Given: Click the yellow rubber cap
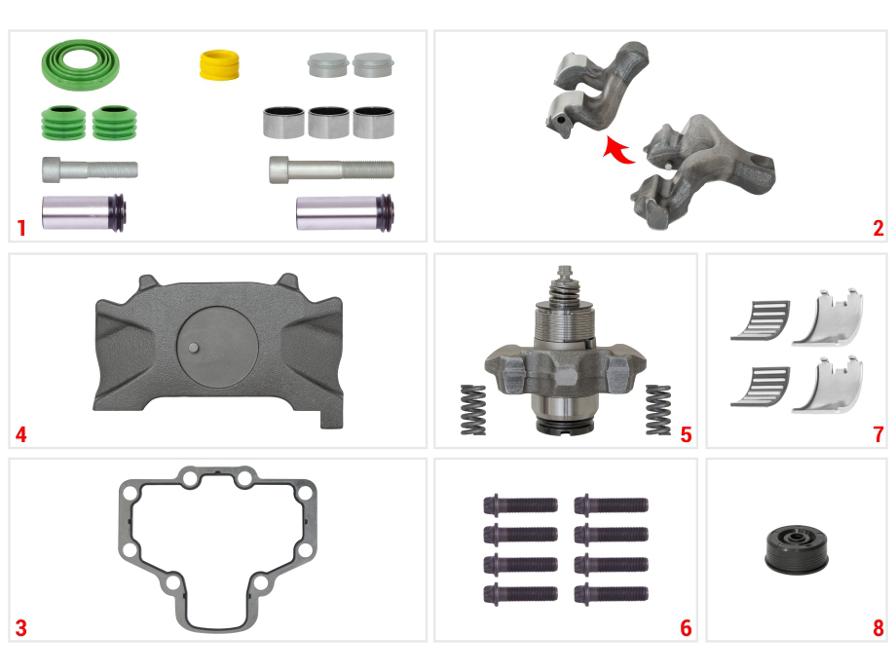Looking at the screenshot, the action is click(219, 65).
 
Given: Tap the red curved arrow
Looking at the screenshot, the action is click(618, 150).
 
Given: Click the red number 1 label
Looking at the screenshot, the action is click(21, 228).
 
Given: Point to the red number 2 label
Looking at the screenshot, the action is click(877, 228).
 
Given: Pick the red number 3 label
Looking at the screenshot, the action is click(21, 628).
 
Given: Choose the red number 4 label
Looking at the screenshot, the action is click(21, 435).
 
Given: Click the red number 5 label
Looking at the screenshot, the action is click(686, 435).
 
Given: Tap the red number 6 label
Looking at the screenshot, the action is click(686, 628).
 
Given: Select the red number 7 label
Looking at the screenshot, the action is click(878, 435).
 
